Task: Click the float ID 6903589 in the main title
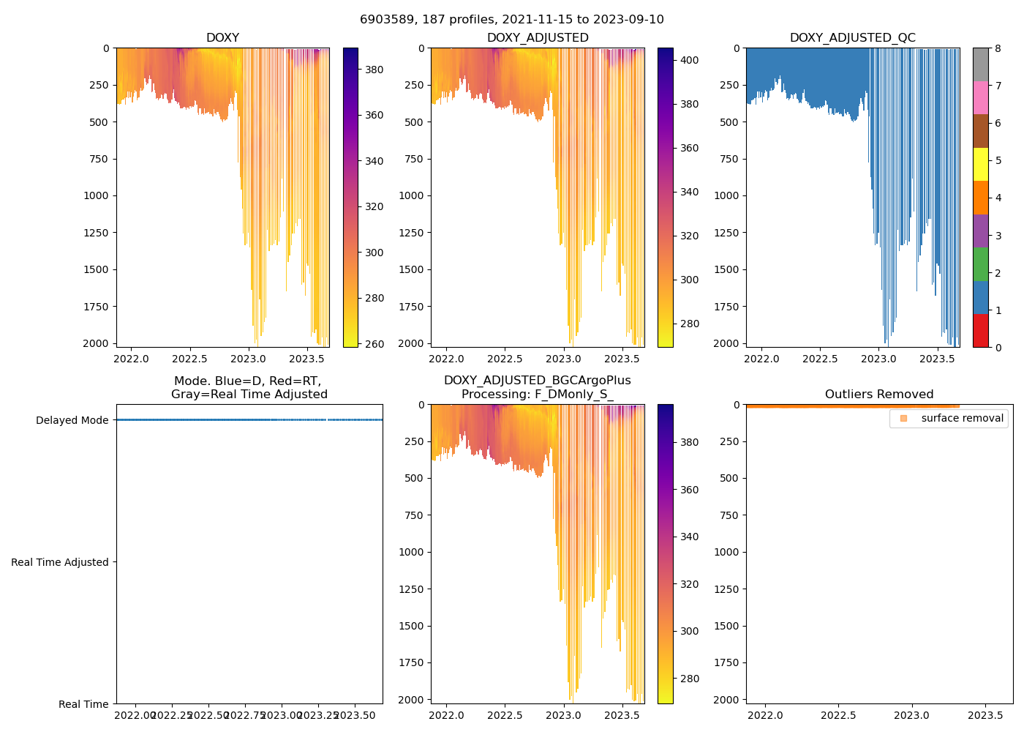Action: (x=386, y=20)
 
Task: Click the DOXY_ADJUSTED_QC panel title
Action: (x=852, y=38)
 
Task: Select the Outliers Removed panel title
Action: (x=879, y=395)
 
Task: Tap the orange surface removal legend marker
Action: (x=904, y=419)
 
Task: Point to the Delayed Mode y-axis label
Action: (x=72, y=420)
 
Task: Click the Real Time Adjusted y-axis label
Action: (x=59, y=562)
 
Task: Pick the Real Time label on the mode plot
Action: (x=83, y=704)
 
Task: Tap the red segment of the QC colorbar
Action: (x=980, y=330)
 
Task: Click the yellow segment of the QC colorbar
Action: (x=980, y=164)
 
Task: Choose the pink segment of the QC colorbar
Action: (x=980, y=97)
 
